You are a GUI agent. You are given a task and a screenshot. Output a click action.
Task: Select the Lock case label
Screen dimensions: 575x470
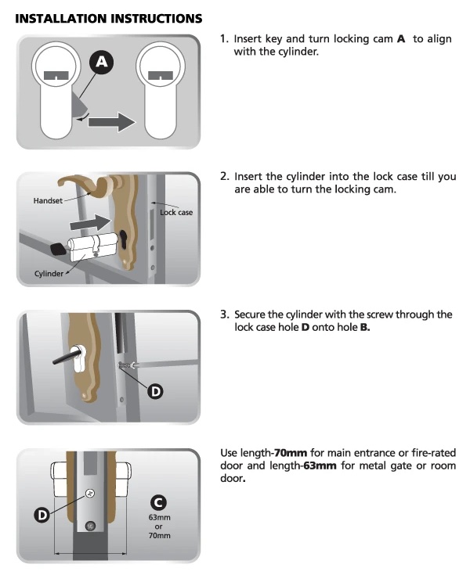[x=176, y=212]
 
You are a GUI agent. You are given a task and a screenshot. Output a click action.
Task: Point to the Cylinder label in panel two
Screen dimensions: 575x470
[x=49, y=273]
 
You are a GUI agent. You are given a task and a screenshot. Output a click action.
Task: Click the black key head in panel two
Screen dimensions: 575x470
[x=58, y=250]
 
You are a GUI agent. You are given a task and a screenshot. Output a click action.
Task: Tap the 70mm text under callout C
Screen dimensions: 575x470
[x=159, y=536]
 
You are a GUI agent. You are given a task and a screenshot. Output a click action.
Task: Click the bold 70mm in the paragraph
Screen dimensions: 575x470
[x=290, y=454]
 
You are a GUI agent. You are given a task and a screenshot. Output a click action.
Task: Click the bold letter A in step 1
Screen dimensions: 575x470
[x=401, y=38]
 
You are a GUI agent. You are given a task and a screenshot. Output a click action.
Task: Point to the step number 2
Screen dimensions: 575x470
[x=224, y=177]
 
